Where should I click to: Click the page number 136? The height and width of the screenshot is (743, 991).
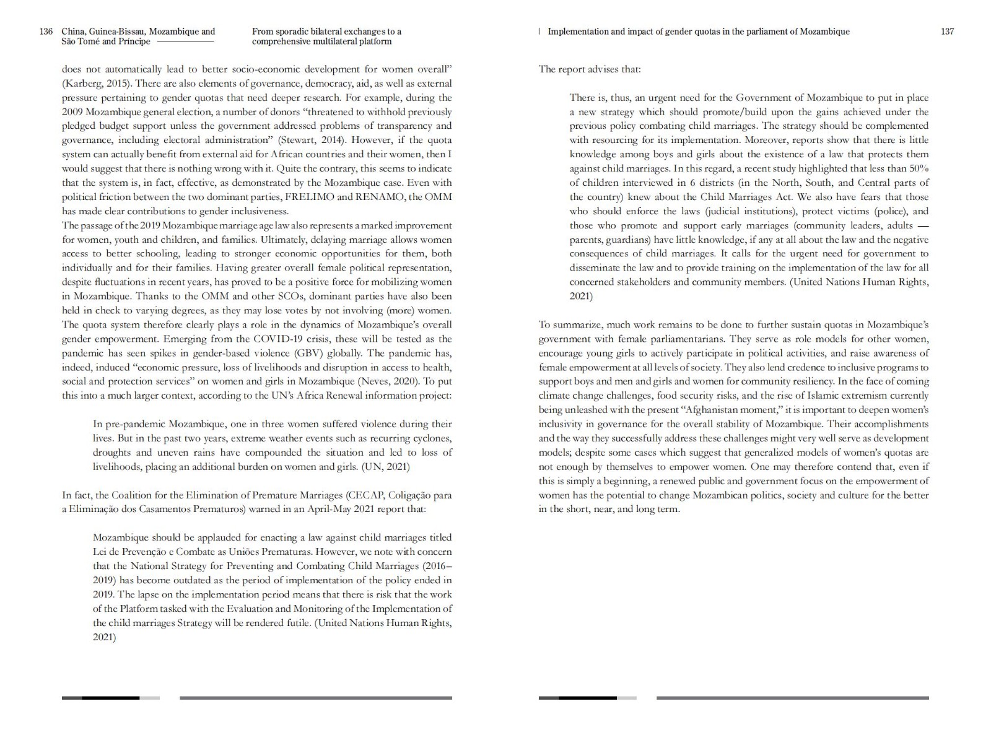[46, 32]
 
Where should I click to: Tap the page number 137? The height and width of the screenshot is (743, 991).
[947, 32]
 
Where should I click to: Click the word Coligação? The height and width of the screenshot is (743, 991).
[413, 495]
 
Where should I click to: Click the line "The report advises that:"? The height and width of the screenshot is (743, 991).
[589, 69]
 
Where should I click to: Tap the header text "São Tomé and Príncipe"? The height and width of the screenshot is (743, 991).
[106, 41]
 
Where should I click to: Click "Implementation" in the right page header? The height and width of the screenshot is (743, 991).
[578, 32]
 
